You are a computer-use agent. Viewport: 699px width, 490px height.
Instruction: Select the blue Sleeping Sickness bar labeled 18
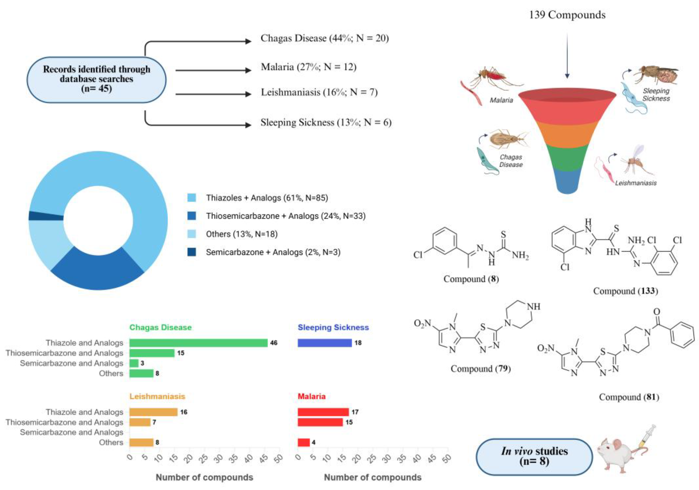tap(325, 343)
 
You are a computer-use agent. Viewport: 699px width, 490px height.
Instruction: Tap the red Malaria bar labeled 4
tap(304, 442)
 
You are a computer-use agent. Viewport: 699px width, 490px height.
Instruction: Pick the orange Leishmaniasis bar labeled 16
tap(153, 412)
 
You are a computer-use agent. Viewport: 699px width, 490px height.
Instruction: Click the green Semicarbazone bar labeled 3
tap(134, 363)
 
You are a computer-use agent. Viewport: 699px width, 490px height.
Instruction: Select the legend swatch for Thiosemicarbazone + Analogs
tap(192, 216)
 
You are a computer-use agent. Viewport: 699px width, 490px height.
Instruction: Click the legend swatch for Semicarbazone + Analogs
tap(192, 252)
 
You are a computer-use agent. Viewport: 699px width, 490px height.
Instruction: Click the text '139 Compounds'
tap(567, 15)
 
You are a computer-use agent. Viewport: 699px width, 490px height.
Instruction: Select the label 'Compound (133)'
tap(625, 291)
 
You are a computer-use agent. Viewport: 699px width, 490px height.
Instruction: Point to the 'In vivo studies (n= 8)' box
tap(534, 456)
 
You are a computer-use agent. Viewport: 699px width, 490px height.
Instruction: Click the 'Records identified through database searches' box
tap(96, 79)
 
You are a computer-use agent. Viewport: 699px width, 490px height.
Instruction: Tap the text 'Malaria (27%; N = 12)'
tap(308, 67)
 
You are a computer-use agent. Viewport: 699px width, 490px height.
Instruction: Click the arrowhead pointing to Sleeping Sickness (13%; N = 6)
tap(248, 125)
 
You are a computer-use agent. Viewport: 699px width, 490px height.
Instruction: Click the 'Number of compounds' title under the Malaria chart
tap(373, 477)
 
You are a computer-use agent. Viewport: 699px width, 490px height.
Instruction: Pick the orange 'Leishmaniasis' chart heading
tap(157, 396)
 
